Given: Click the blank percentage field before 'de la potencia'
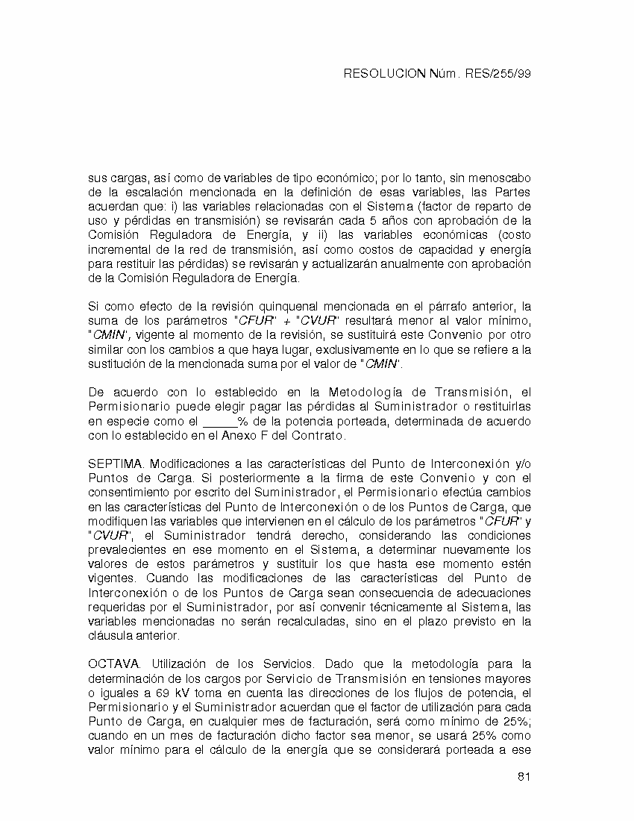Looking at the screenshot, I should pyautogui.click(x=220, y=421).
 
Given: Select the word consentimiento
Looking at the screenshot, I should pyautogui.click(x=131, y=493).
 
